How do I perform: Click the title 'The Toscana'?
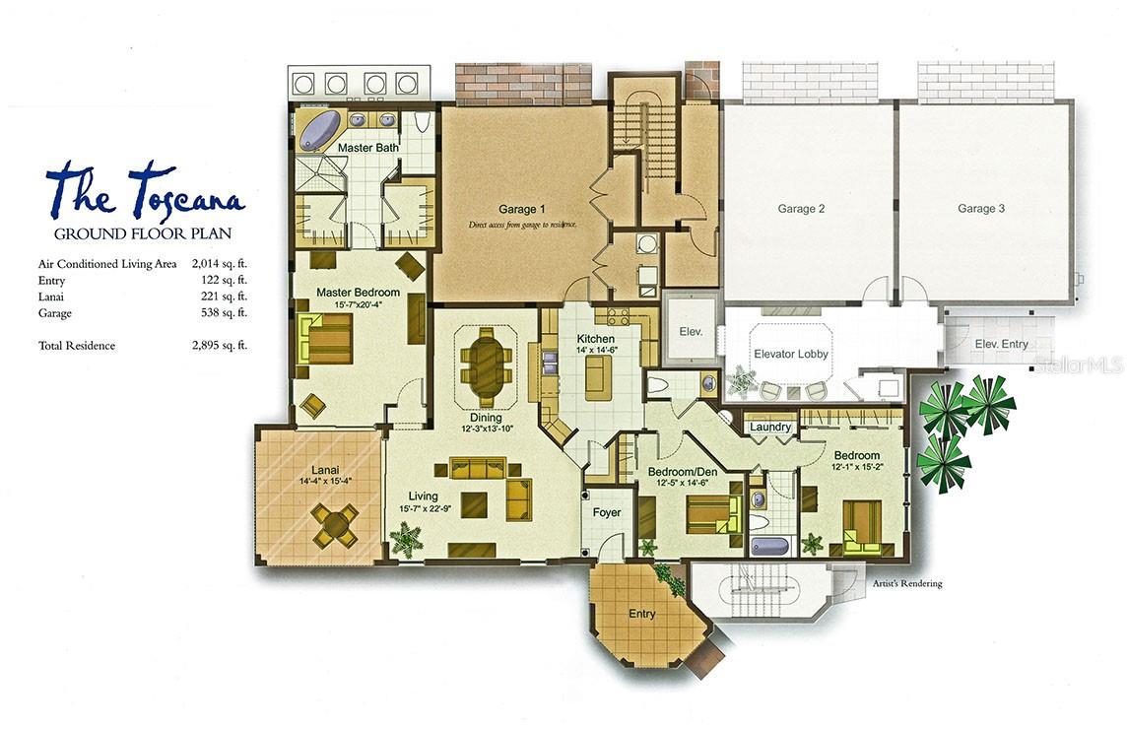click(x=145, y=192)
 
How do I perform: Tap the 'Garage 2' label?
click(x=801, y=209)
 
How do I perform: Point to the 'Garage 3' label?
click(x=981, y=209)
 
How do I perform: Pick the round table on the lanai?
click(x=336, y=523)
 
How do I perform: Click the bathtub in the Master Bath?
click(x=320, y=130)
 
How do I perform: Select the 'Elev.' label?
click(x=691, y=332)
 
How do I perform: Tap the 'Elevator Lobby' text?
click(x=791, y=354)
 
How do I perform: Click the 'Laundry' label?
click(x=770, y=427)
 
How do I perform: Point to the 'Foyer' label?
click(x=606, y=512)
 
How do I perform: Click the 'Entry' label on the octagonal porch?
click(x=642, y=614)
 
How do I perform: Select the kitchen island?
click(x=598, y=377)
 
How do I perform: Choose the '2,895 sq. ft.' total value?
click(x=220, y=346)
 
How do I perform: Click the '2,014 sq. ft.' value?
click(x=220, y=263)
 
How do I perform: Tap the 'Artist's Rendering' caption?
click(x=907, y=583)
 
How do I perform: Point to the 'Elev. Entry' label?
click(x=1001, y=344)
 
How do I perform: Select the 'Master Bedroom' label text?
click(x=358, y=293)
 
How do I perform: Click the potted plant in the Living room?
click(x=406, y=540)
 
